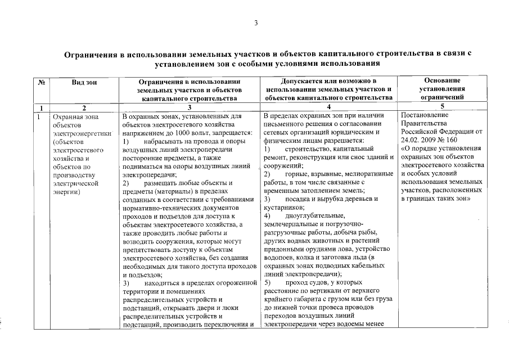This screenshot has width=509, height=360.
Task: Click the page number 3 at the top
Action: (255, 23)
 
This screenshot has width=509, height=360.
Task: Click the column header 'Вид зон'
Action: (84, 82)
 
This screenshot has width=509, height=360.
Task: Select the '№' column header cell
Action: (41, 82)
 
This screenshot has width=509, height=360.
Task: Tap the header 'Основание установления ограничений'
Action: (442, 89)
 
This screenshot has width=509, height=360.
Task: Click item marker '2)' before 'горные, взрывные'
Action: (267, 174)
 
